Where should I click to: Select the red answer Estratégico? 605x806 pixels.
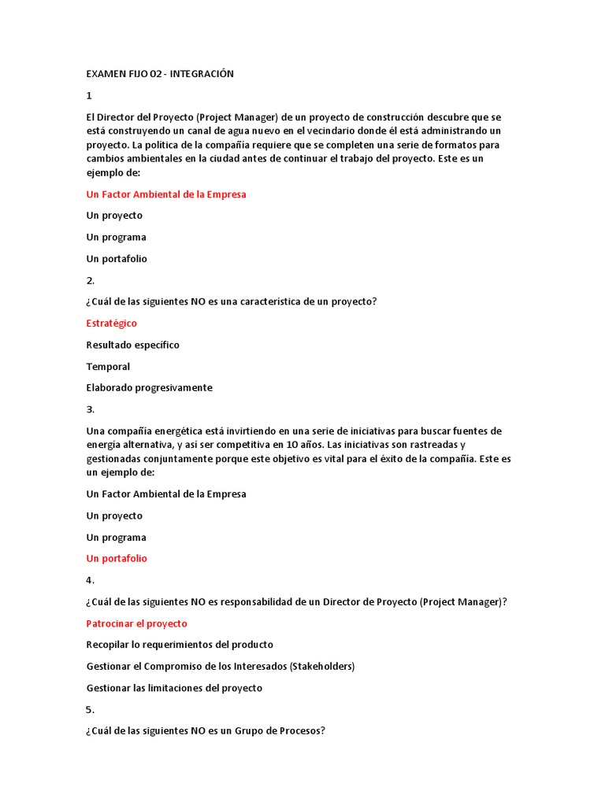(111, 324)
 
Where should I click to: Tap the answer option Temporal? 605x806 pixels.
(108, 367)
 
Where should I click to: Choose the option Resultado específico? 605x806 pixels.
(132, 345)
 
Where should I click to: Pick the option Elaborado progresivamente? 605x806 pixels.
(149, 388)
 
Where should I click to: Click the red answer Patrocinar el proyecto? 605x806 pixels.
(136, 623)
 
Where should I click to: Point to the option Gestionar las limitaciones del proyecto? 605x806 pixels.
(174, 688)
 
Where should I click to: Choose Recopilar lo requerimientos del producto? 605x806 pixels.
(180, 645)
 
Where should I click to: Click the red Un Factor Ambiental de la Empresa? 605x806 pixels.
(165, 194)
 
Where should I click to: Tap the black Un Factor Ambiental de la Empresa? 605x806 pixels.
(165, 494)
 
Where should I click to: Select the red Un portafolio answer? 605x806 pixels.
(117, 559)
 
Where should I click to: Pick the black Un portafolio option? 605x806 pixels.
(117, 259)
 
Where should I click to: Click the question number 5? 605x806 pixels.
(90, 710)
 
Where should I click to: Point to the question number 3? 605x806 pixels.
(90, 409)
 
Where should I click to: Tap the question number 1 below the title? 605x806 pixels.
(89, 96)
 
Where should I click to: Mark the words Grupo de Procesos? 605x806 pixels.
(283, 731)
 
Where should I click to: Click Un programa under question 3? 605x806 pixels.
(116, 538)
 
